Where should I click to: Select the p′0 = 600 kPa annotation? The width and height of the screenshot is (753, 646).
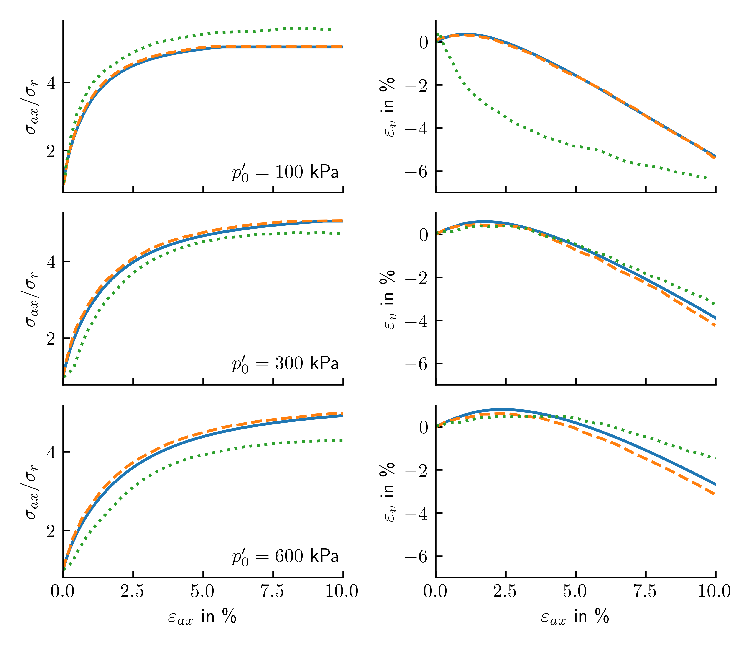coord(285,556)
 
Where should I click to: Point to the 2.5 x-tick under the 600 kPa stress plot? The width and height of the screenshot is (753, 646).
coord(133,592)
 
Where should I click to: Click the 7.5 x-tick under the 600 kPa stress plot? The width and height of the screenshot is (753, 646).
coord(273,592)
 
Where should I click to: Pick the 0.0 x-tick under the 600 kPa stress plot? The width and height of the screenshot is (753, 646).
coord(63,592)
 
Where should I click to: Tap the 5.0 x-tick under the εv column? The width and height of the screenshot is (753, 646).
coord(575,592)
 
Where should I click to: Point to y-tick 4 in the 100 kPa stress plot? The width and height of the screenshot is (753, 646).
coord(51,83)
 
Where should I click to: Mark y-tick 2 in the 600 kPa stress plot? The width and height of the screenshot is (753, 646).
coord(51,531)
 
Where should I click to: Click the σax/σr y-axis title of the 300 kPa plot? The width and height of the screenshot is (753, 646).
coord(32,299)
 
